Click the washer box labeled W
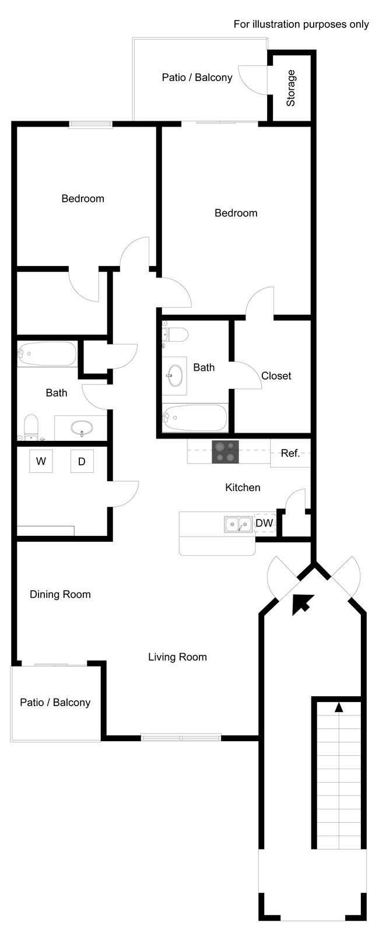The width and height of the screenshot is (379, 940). (41, 461)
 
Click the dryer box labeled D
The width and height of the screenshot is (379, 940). (82, 461)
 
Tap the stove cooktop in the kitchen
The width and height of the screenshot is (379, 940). (225, 453)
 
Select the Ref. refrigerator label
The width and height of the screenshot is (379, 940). (290, 453)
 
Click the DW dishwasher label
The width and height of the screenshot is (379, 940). (264, 523)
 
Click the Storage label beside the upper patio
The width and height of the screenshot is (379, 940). (291, 88)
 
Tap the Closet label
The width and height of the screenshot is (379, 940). (276, 376)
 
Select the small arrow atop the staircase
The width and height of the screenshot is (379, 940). (339, 707)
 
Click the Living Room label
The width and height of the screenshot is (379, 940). (177, 657)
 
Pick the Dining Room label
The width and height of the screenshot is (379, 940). (60, 594)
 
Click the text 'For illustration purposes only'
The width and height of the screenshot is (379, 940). (301, 24)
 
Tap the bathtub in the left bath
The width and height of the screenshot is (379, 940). (47, 353)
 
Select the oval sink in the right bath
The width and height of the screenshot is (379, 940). (174, 376)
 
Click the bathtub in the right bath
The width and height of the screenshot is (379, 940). (195, 418)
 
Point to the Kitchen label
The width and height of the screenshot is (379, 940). (243, 487)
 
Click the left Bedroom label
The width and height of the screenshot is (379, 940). (83, 199)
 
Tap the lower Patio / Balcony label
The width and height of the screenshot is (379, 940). (55, 703)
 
